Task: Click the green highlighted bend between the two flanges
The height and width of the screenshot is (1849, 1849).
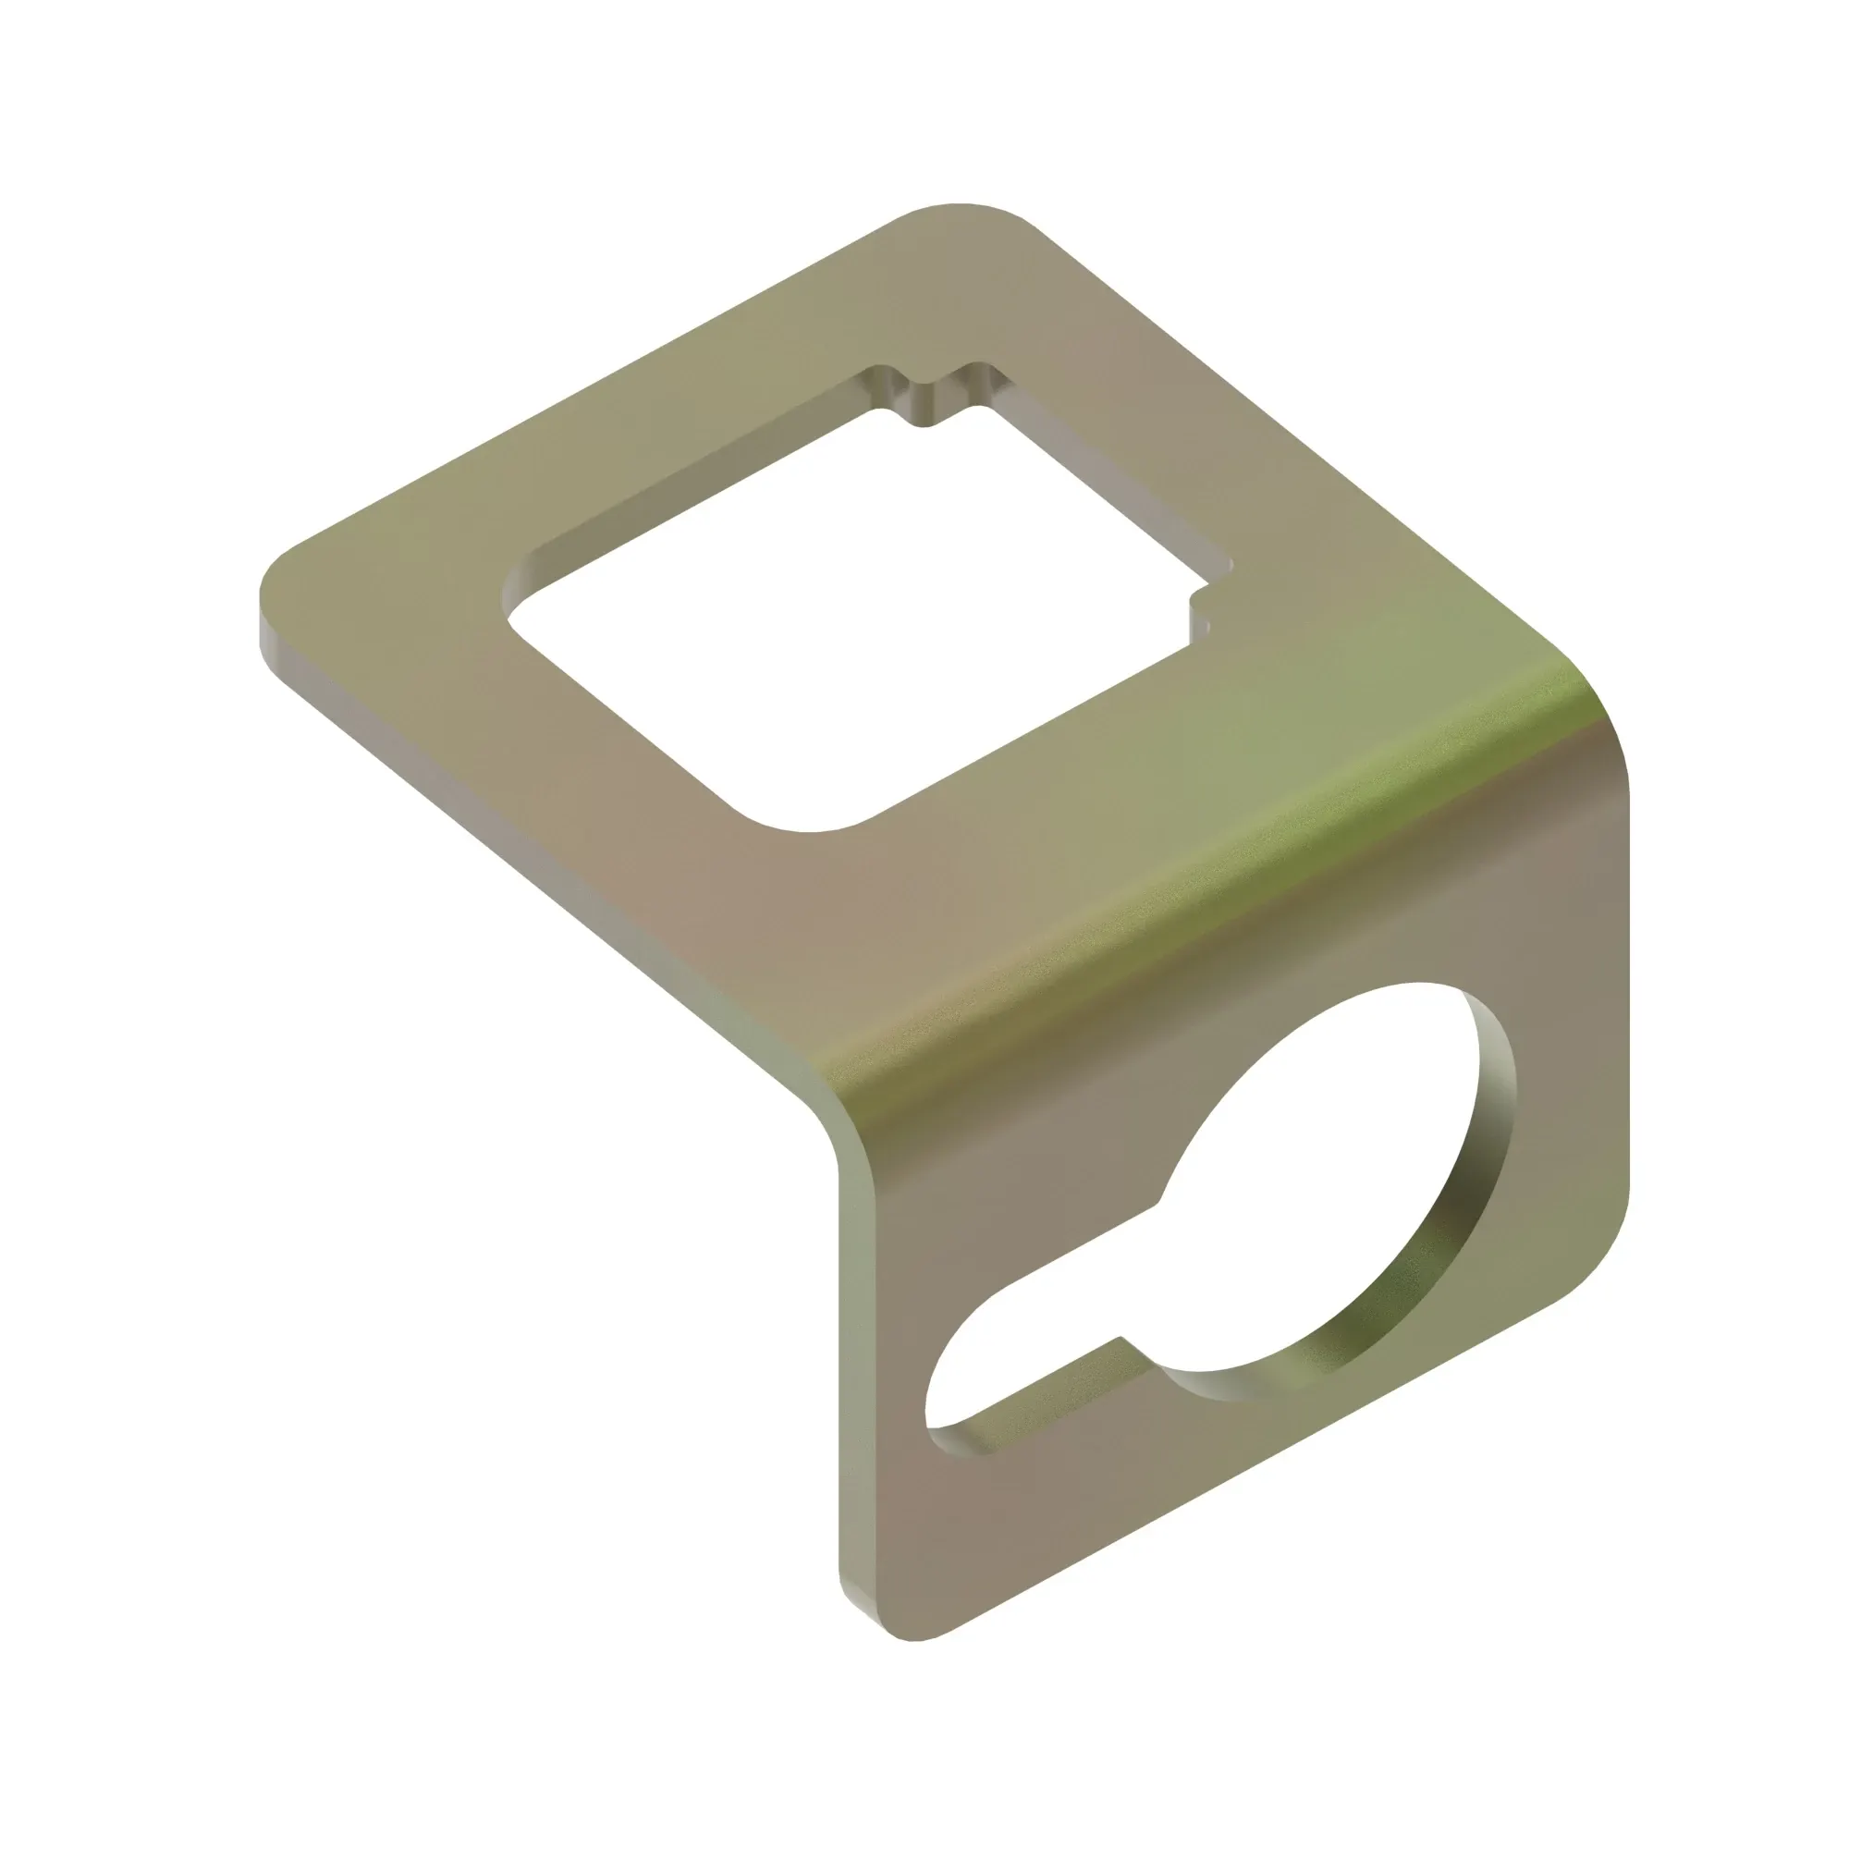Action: point(1196,890)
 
